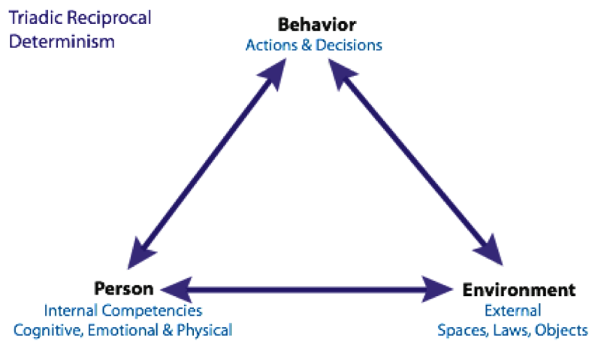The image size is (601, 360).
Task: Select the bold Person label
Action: (x=124, y=289)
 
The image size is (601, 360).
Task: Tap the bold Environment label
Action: (x=519, y=290)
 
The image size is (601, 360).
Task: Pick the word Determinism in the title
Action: (x=62, y=41)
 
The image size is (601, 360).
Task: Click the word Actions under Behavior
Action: (x=269, y=46)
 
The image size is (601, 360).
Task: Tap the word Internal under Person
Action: (x=68, y=310)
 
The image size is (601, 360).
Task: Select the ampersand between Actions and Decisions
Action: (x=307, y=46)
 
